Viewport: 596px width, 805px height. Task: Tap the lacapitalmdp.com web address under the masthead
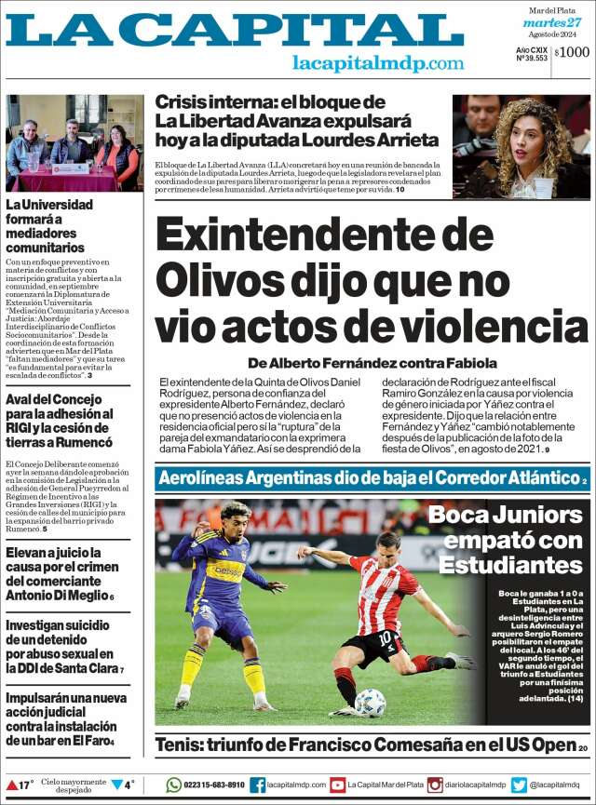click(377, 63)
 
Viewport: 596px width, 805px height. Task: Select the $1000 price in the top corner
click(572, 52)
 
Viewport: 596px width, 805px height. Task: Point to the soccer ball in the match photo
click(370, 703)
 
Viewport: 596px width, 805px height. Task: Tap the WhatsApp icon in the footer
click(173, 785)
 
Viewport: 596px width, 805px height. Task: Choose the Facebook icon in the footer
click(257, 785)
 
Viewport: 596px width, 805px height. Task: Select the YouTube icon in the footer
click(337, 785)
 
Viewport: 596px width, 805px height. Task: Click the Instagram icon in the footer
click(435, 785)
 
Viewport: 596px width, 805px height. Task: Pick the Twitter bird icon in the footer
click(519, 785)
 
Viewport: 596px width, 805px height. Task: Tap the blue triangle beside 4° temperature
click(117, 785)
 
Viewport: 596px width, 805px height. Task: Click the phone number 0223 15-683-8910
click(214, 785)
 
